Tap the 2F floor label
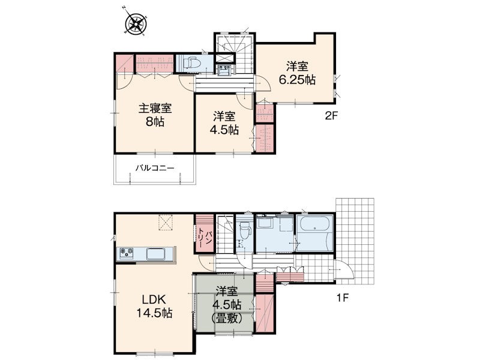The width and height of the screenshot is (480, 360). [331, 116]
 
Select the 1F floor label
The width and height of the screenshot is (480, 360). [343, 298]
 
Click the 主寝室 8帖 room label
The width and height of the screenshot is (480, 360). [155, 115]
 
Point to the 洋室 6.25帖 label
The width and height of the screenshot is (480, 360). [297, 73]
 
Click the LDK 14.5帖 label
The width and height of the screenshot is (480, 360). [154, 306]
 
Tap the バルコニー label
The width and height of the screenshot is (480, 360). [155, 168]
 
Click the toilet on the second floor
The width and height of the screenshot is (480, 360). [191, 64]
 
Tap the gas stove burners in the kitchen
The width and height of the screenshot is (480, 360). [127, 252]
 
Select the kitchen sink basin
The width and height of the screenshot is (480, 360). [157, 254]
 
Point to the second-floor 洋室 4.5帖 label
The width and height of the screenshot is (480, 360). [224, 124]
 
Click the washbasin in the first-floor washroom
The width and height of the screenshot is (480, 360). [263, 222]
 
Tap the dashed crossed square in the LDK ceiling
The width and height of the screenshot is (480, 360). [166, 222]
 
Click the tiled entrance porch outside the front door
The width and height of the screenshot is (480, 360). [355, 242]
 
